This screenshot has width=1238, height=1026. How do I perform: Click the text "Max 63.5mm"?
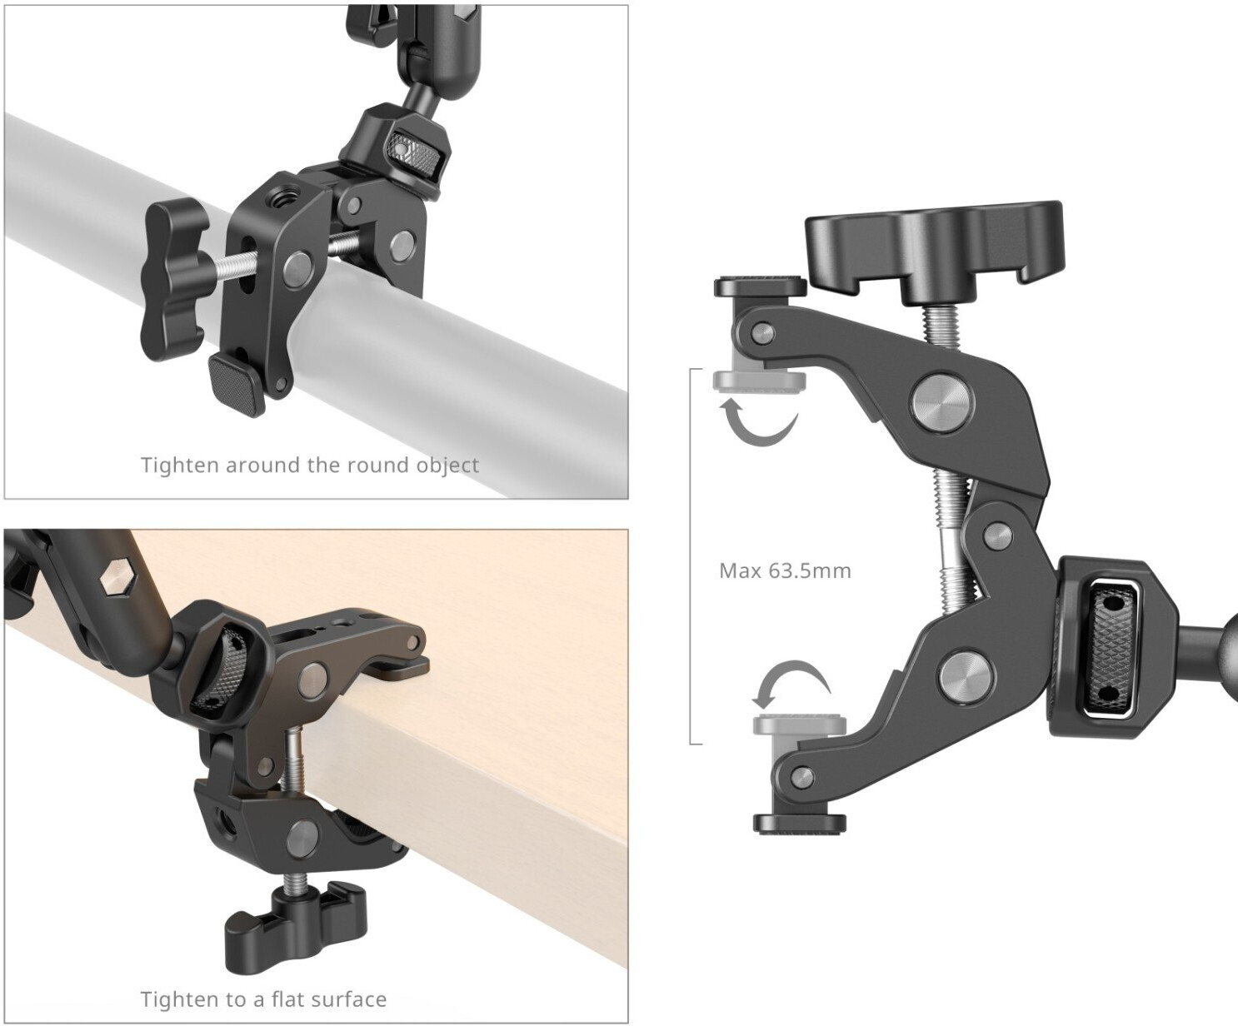[785, 570]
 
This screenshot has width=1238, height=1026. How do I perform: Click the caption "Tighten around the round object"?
[310, 465]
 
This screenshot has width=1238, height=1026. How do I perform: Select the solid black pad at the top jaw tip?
[760, 286]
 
